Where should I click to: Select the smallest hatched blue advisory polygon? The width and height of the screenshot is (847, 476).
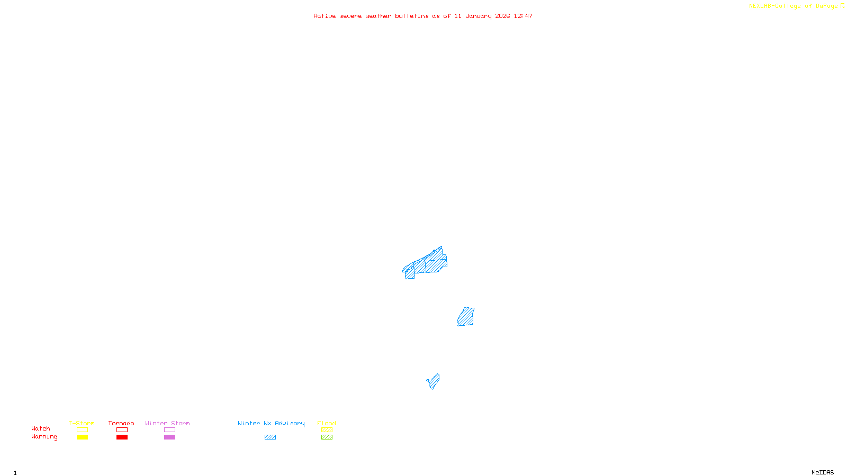coord(434,381)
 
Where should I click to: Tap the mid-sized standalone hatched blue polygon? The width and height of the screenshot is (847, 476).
coord(466,317)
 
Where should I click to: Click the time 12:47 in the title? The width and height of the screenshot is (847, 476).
coord(522,16)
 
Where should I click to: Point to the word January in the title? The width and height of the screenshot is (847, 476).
coord(478,16)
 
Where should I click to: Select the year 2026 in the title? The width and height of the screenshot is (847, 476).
coord(502,16)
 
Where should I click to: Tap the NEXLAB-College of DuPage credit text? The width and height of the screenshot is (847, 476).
coord(793,6)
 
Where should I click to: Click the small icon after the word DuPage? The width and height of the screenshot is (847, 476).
coord(842,6)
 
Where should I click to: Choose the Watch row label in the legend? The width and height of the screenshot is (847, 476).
coord(41,428)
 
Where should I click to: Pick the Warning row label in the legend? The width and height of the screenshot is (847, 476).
coord(44,437)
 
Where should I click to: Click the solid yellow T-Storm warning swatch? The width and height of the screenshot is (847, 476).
coord(82,437)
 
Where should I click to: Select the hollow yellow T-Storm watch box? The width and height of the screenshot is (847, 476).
coord(82,430)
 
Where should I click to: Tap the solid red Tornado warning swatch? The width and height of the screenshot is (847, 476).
coord(122,437)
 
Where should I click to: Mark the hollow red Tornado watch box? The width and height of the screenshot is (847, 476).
coord(122,430)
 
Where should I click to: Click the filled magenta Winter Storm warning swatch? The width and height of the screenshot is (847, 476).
coord(169,437)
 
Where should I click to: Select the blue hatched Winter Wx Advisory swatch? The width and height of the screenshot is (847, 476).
coord(270,437)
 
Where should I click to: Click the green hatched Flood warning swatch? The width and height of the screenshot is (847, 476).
coord(327,437)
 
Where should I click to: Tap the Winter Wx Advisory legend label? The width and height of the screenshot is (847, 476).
coord(271,423)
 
